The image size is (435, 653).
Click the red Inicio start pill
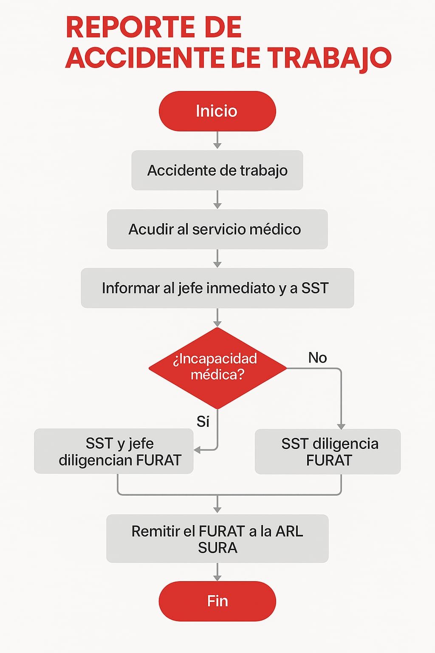point(217,111)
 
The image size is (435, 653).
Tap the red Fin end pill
point(217,601)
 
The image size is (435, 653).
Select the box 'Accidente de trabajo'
point(217,170)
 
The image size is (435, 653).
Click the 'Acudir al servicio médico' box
point(217,229)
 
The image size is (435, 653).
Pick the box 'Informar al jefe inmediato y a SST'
point(217,288)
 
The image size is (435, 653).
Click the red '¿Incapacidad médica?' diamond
point(217,368)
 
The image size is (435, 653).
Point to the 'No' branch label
point(318,358)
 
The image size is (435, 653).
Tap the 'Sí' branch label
point(203,422)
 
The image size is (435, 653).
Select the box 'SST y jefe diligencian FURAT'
point(113,451)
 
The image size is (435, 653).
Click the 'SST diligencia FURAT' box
point(328,451)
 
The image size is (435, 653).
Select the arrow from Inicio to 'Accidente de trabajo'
point(217,140)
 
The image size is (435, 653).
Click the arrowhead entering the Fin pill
point(217,578)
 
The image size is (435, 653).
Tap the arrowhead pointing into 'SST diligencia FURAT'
point(341,426)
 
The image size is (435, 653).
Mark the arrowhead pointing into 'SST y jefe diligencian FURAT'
point(197,450)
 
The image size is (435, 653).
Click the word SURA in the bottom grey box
point(217,548)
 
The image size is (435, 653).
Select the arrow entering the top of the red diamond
point(217,318)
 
